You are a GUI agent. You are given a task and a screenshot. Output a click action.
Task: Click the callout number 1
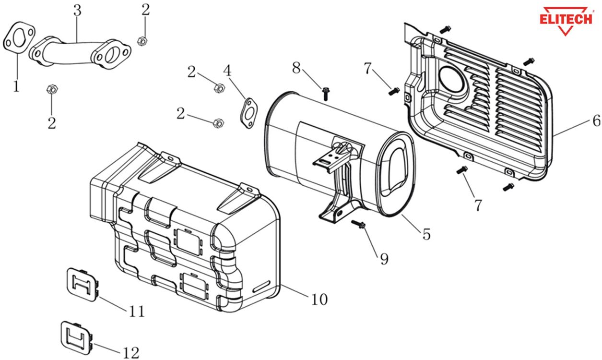16,86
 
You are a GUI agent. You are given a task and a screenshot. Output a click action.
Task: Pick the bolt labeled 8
326,91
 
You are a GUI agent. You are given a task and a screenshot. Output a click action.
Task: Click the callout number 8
297,68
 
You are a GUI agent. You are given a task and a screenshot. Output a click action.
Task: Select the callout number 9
384,258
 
